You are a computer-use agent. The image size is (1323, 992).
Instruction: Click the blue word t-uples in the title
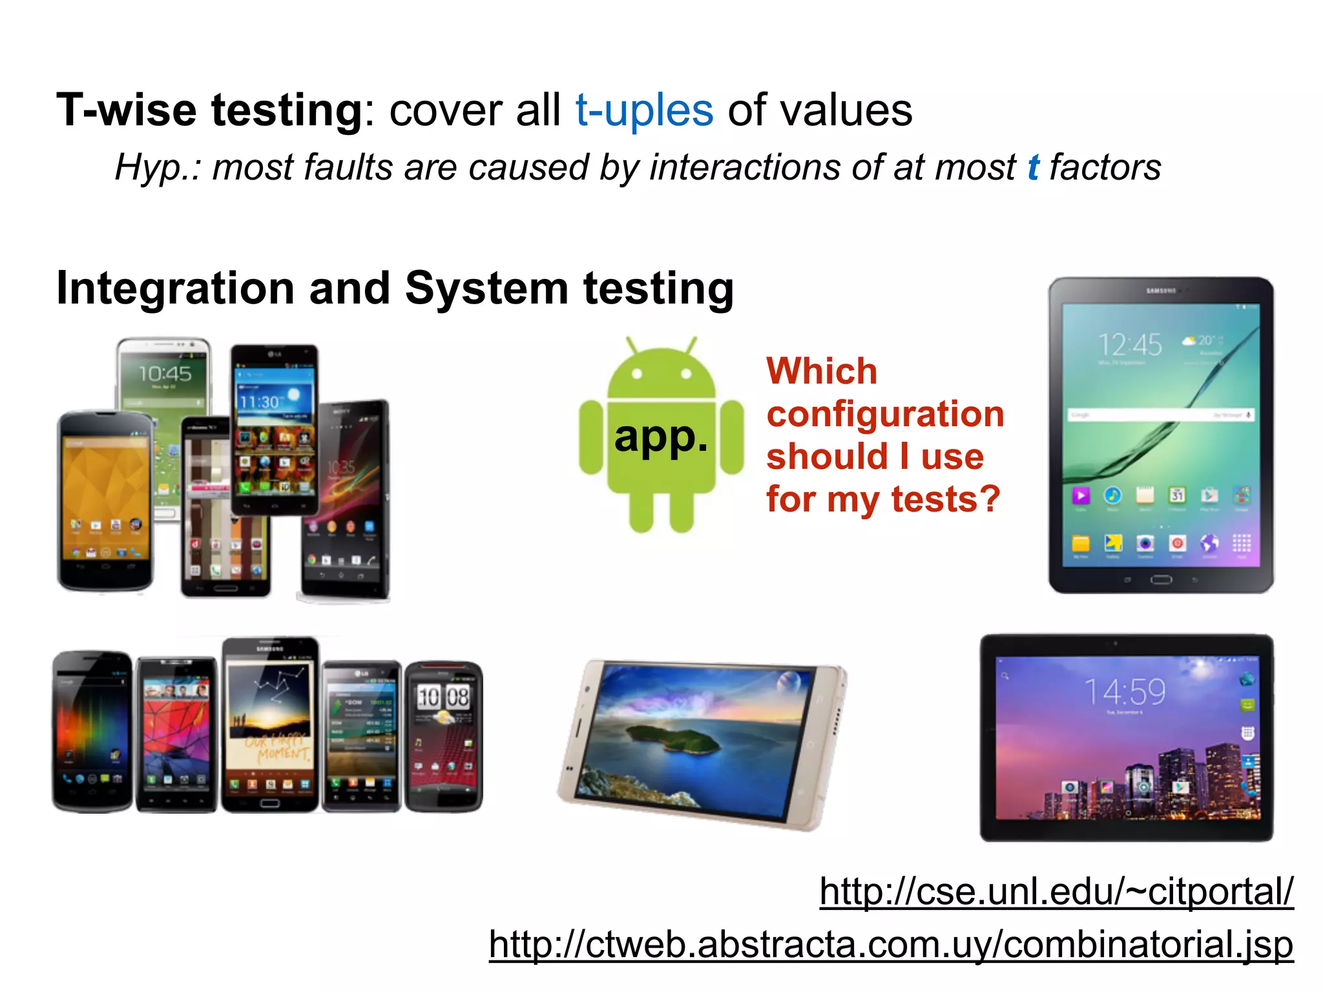point(644,110)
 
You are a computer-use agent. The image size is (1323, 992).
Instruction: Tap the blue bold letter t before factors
point(1033,167)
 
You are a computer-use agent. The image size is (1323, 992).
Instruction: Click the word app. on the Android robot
point(661,437)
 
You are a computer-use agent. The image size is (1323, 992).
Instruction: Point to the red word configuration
point(885,414)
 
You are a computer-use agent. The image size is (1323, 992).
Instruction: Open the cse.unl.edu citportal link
point(1056,892)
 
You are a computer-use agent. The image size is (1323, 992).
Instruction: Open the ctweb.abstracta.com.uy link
point(891,945)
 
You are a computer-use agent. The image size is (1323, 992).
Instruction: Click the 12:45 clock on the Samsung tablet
point(1130,345)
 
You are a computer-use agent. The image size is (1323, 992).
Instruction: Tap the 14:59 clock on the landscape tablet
point(1125,692)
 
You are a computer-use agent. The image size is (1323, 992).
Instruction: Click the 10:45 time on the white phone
point(165,373)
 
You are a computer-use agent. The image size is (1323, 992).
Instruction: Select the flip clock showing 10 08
point(443,697)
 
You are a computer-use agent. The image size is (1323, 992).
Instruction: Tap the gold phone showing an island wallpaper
point(703,744)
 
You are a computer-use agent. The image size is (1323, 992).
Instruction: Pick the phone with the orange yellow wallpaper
point(105,501)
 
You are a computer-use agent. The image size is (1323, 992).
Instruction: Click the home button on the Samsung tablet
point(1160,579)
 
